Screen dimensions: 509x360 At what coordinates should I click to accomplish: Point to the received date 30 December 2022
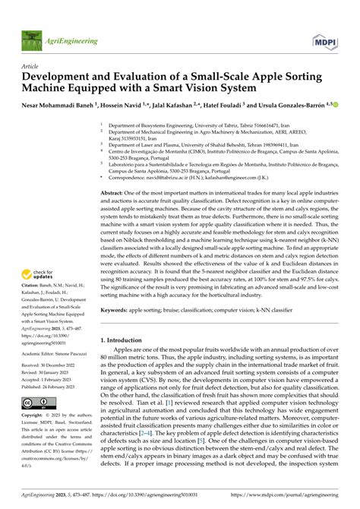pos(68,354)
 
